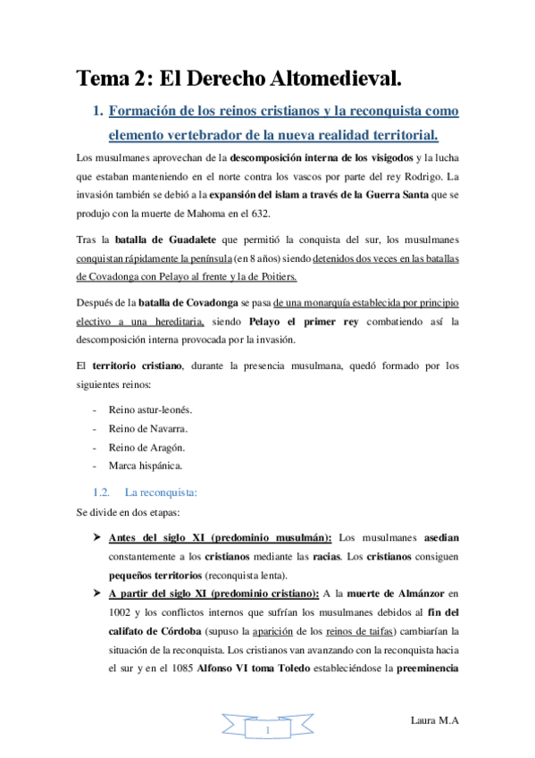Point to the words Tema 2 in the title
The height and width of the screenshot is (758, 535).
(x=113, y=79)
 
